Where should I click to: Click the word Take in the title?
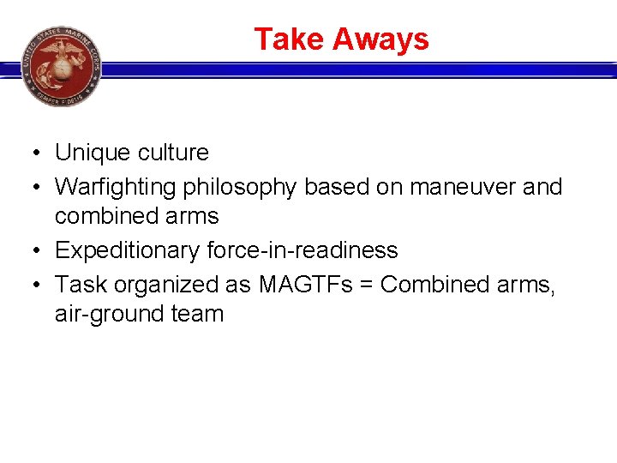(289, 39)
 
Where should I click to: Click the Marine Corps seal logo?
(61, 66)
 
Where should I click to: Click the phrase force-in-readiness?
(303, 250)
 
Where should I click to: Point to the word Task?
(79, 283)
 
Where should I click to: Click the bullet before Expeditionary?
(29, 251)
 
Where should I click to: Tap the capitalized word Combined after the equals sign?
(434, 283)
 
